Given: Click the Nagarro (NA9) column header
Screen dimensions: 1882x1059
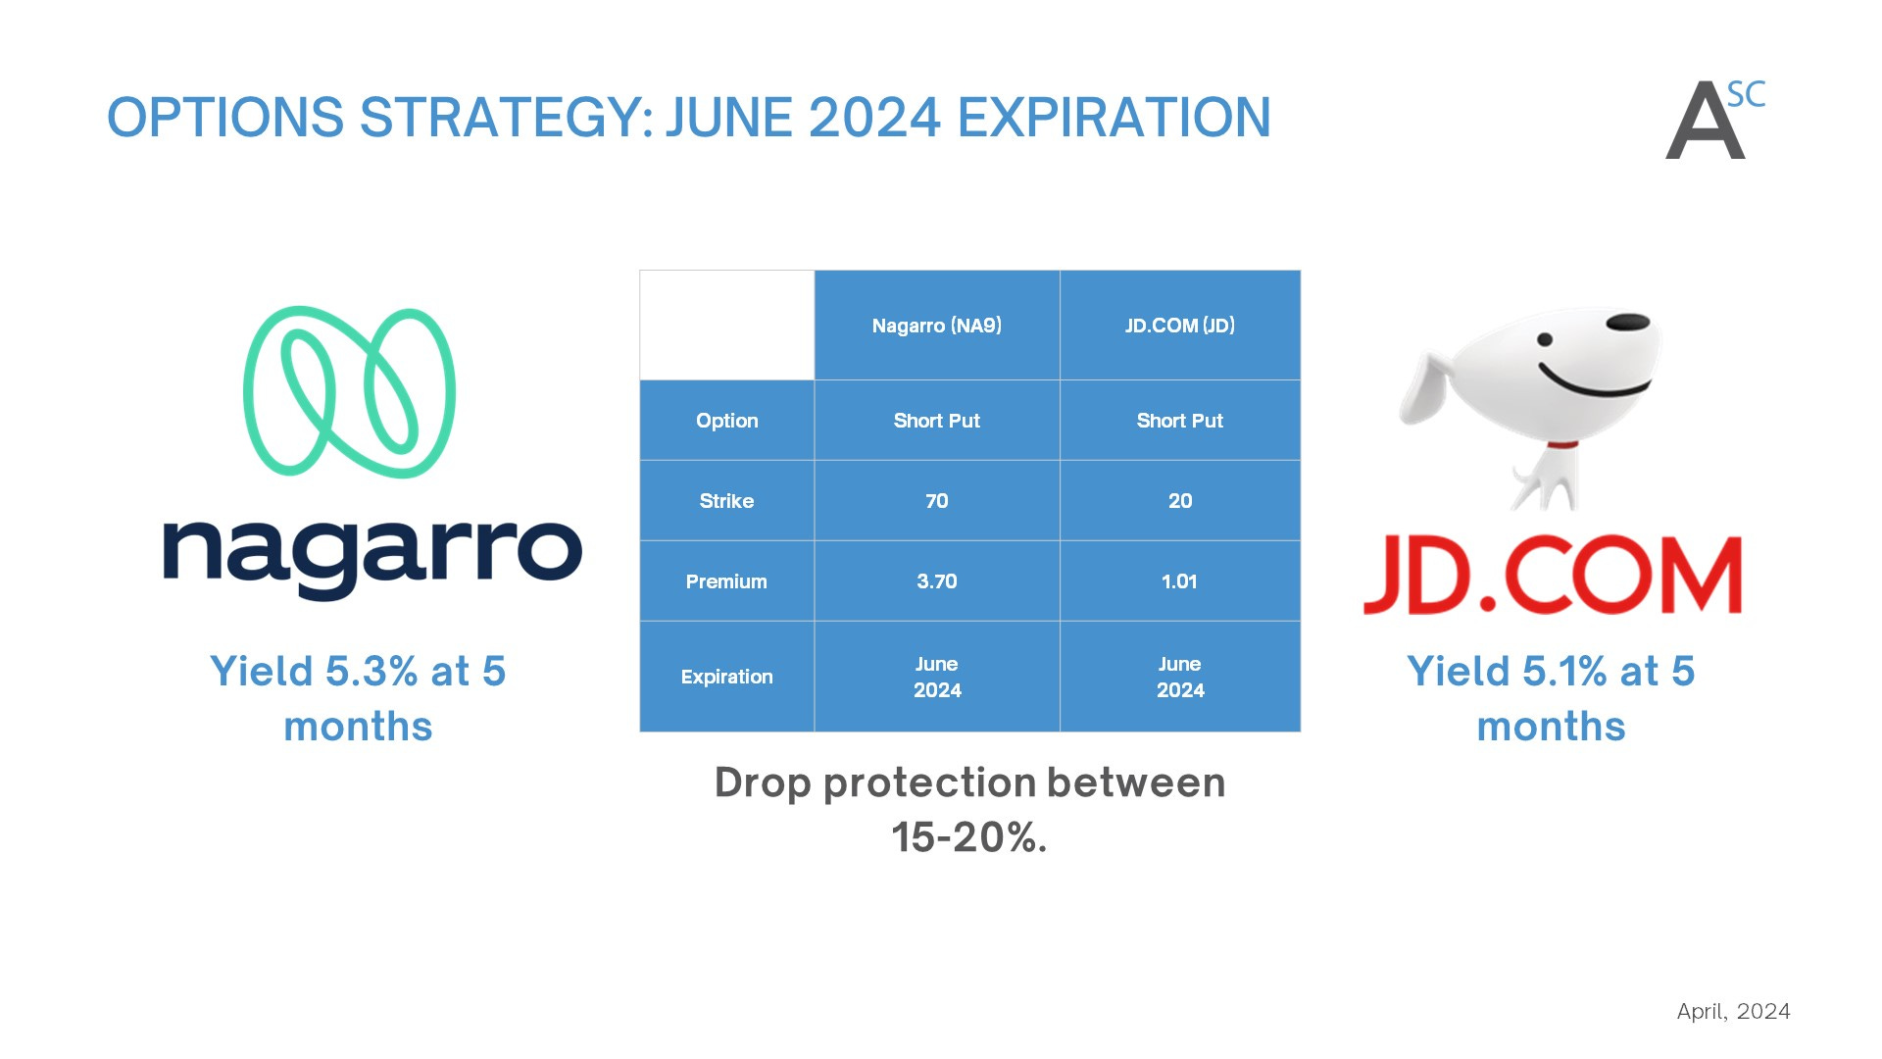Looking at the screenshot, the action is [x=937, y=326].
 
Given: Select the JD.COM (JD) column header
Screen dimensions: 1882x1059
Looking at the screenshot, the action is [x=1180, y=326].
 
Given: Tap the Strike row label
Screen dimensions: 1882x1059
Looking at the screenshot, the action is [x=726, y=501].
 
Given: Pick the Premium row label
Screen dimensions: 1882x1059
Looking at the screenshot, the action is [x=726, y=581].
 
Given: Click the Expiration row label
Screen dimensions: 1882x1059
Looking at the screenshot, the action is [x=726, y=677].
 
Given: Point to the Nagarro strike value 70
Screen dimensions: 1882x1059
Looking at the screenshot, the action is [x=937, y=501].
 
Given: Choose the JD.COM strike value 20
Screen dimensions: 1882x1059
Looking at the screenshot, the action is [x=1180, y=501].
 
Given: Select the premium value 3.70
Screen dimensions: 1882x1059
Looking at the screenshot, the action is [x=937, y=581].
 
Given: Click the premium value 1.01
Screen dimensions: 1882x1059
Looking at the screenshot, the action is [x=1180, y=581].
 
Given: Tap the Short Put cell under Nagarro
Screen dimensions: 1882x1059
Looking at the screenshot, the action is [x=937, y=421].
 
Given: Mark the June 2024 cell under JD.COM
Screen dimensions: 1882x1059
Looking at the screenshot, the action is [x=1180, y=677].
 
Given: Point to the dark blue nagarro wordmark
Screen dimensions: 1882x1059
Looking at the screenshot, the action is [x=372, y=557].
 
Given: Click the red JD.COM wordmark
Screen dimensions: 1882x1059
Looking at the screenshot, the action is [x=1553, y=576].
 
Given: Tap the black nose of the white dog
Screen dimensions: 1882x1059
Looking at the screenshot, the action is [x=1628, y=322].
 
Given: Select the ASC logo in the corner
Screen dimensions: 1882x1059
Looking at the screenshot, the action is [x=1715, y=120].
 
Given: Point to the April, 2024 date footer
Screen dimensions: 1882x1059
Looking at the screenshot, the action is [x=1733, y=1012].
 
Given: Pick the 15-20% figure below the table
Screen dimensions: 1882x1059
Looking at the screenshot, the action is [x=968, y=837].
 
